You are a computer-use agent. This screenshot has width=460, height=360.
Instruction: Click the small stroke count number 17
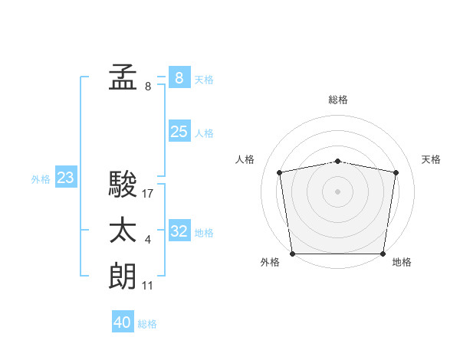(148, 193)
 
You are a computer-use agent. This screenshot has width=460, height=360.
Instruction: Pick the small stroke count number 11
(148, 286)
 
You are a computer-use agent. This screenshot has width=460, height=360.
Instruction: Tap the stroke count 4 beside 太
(148, 241)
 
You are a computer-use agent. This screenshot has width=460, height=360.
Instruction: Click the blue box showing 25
(179, 132)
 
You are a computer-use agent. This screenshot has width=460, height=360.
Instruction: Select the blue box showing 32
(179, 231)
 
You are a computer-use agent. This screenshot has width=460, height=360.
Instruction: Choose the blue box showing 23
(65, 178)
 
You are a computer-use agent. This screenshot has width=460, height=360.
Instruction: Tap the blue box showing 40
(123, 322)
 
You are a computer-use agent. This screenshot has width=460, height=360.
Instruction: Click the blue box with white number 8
(179, 77)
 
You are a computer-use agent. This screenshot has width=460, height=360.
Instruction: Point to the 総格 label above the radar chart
(338, 100)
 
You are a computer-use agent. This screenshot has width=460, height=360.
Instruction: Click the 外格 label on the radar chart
(270, 262)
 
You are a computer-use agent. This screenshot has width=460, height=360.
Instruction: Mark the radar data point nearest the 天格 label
(396, 172)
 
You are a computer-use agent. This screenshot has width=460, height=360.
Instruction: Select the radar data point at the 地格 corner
(383, 254)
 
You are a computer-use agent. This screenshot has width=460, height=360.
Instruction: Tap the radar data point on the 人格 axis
(280, 172)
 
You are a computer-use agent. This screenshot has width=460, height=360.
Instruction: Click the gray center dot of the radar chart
(338, 191)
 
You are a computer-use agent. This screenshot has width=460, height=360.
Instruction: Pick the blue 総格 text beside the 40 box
(147, 323)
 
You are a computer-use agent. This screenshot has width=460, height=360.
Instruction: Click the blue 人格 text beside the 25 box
(204, 133)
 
